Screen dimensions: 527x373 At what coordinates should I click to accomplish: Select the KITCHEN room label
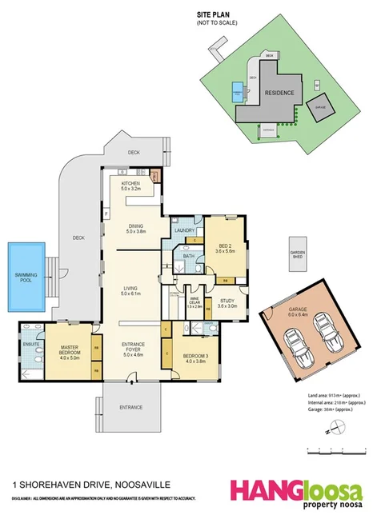[x=130, y=186]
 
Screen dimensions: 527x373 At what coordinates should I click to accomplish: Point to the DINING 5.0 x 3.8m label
[x=135, y=229]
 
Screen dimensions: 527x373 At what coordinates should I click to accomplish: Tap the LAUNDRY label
[x=185, y=230]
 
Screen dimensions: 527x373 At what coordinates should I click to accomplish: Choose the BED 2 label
[x=224, y=248]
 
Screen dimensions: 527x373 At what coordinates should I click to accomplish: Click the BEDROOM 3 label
[x=197, y=357]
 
